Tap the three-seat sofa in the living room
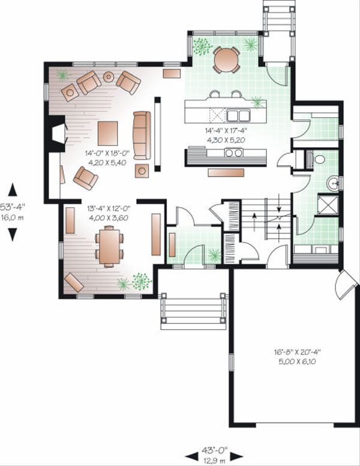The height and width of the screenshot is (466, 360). coord(142,135)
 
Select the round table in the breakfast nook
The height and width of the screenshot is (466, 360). coord(226,59)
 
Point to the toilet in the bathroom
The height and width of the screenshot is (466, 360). coord(319,160)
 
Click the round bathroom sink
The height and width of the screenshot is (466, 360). coord(333,183)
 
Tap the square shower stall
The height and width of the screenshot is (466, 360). coord(328,204)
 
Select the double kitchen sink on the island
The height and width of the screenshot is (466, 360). coord(238,115)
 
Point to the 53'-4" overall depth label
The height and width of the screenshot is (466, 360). coord(12,205)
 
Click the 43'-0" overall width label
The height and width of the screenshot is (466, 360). coord(214,450)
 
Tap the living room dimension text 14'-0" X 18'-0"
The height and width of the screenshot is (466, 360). coord(107,153)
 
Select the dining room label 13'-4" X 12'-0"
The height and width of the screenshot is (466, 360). coord(108,208)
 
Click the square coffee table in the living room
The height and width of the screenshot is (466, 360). coord(107,133)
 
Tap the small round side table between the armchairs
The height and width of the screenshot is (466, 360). coord(109,77)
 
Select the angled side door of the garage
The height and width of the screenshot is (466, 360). coord(346,284)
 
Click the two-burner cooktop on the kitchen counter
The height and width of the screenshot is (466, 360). coord(234,153)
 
